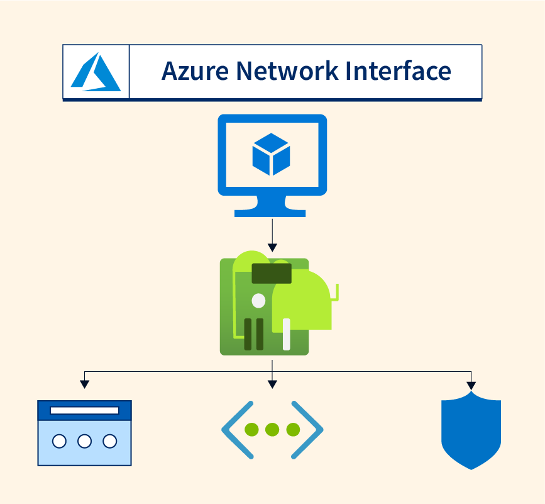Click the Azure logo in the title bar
tap(96, 72)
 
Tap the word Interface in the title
tap(399, 71)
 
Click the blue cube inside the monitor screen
tap(271, 154)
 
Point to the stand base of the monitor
tap(271, 212)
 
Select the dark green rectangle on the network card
tap(272, 274)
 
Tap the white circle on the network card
tap(258, 301)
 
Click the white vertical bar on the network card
tap(287, 334)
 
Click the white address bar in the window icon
tap(84, 411)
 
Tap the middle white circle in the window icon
tap(84, 441)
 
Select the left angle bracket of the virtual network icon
tap(234, 430)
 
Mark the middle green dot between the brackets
tap(272, 430)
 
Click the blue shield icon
tap(471, 431)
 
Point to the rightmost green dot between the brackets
tap(293, 430)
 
